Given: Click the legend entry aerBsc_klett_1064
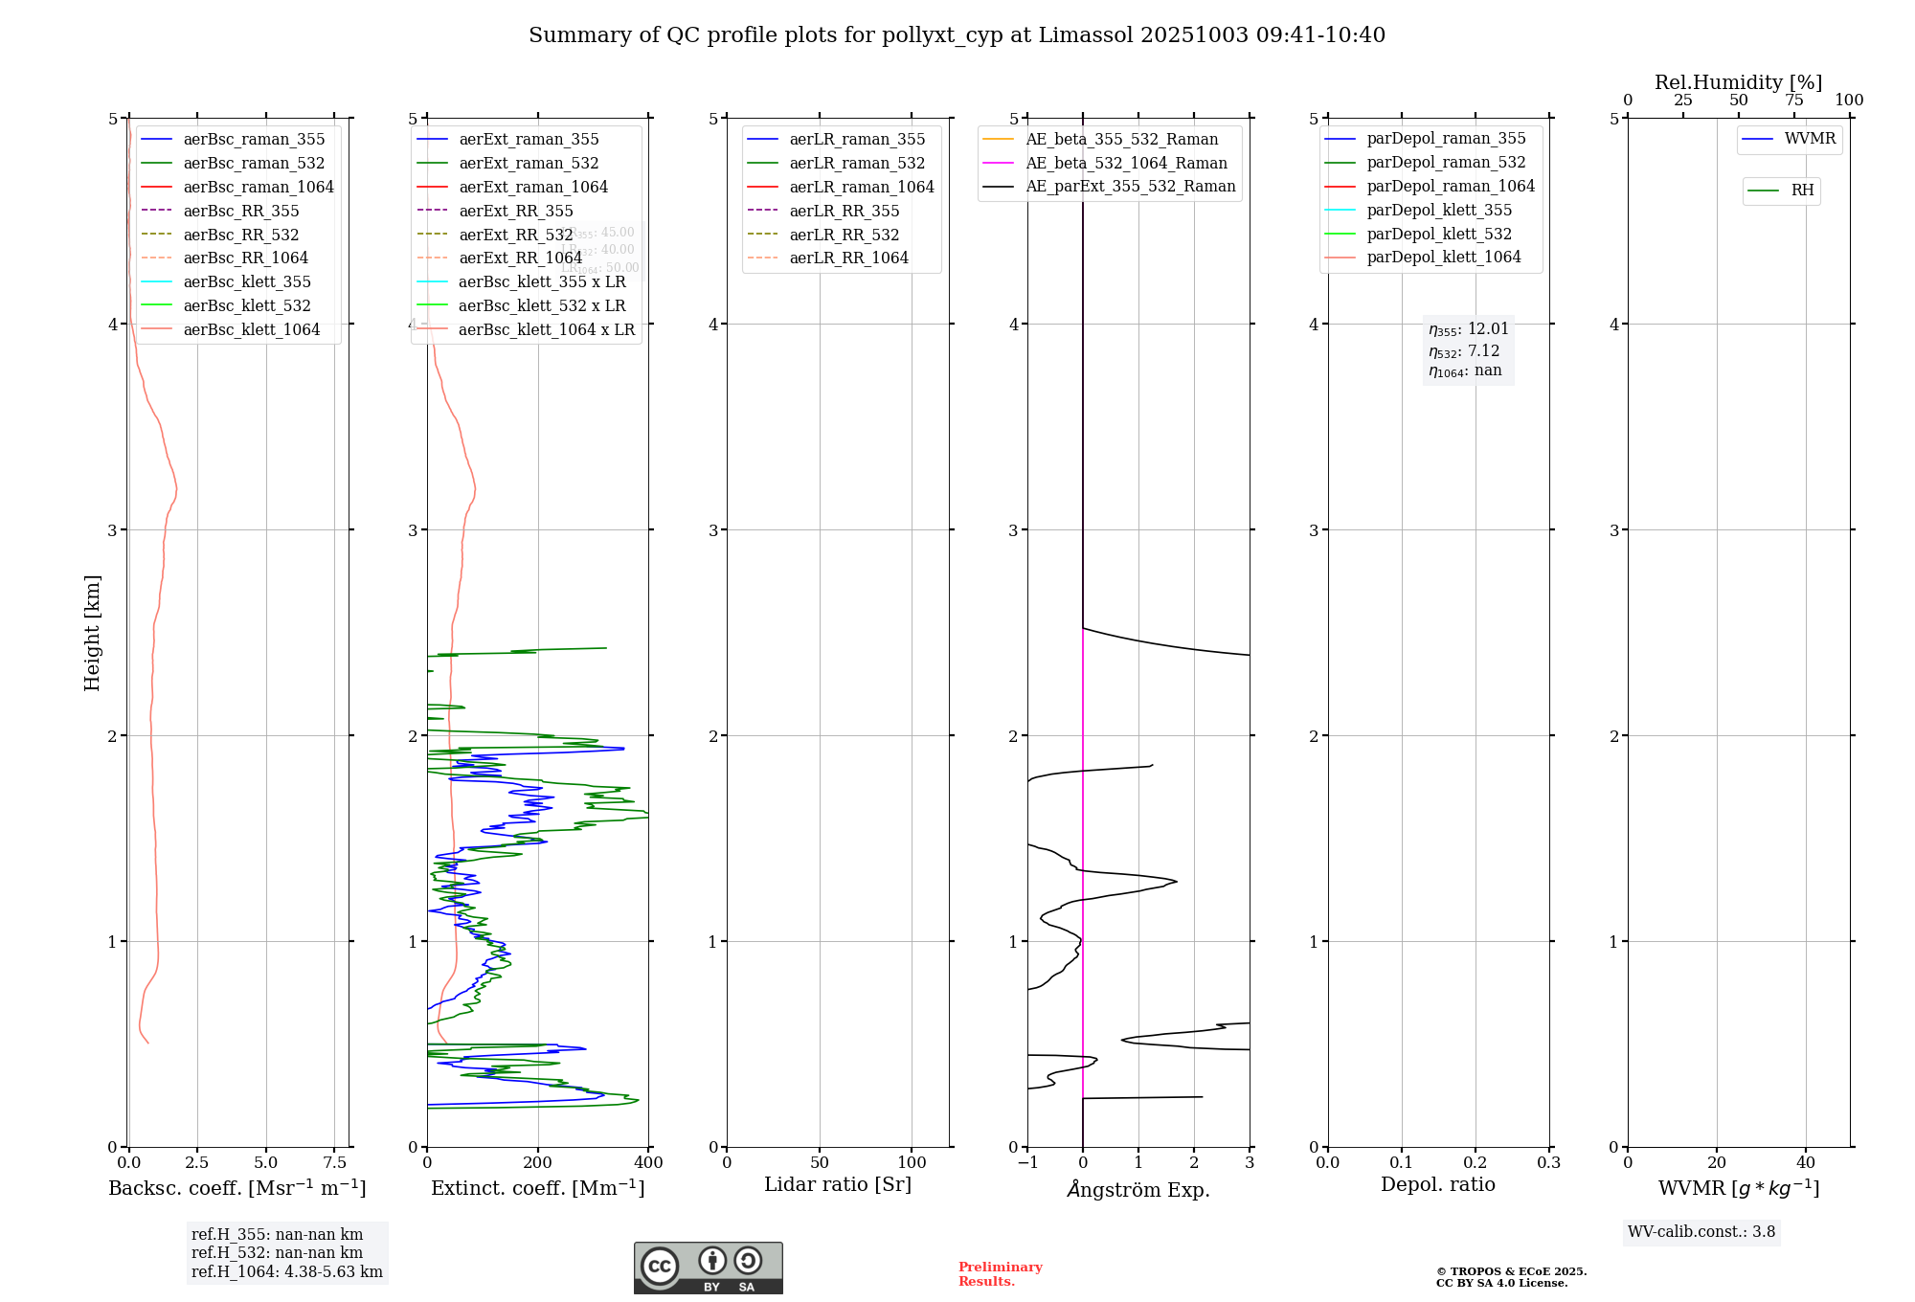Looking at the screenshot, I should (x=252, y=329).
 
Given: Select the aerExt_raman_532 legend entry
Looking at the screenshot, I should (x=529, y=163).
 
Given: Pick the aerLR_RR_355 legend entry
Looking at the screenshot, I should (x=844, y=211).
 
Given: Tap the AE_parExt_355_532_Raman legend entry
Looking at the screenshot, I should (x=1130, y=186).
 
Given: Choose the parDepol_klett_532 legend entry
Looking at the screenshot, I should (x=1439, y=234).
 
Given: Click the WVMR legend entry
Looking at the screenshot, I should (x=1810, y=139).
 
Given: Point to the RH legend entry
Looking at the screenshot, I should (x=1802, y=191).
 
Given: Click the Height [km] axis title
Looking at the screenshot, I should (x=92, y=632).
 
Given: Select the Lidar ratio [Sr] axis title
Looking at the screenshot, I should (x=838, y=1184).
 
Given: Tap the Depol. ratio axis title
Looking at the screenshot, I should (x=1437, y=1184).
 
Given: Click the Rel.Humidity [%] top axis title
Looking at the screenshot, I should (x=1738, y=82).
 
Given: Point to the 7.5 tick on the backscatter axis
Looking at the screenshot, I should (x=334, y=1163).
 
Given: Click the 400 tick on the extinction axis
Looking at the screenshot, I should (x=648, y=1163).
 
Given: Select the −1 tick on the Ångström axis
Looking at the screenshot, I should (x=1027, y=1163).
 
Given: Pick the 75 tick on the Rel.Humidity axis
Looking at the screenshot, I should (x=1793, y=101).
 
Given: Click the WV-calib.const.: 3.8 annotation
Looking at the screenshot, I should (x=1701, y=1232).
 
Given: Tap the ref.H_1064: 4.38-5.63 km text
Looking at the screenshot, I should (x=286, y=1271).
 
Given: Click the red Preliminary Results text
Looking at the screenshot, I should (x=1000, y=1274).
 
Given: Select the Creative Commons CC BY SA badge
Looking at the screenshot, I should (x=708, y=1268).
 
